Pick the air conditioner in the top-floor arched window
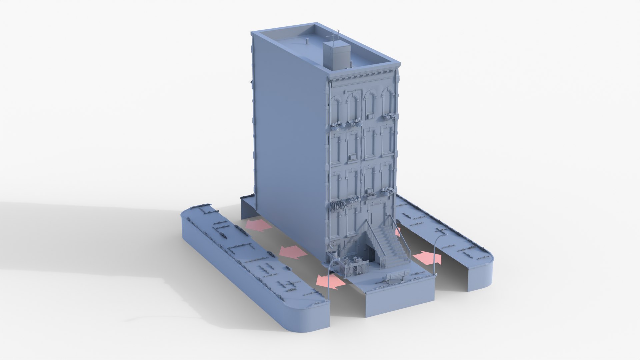click(x=370, y=116)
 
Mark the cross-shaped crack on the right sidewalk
click(x=440, y=231)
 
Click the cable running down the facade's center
click(x=361, y=150)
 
